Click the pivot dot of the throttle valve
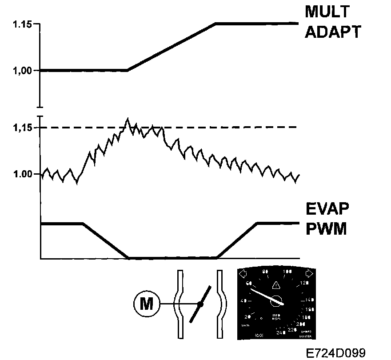pos(200,304)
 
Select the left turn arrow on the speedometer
pos(243,273)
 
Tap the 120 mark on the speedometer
pos(304,284)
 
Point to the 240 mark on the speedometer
pos(279,332)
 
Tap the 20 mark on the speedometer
pos(248,316)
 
